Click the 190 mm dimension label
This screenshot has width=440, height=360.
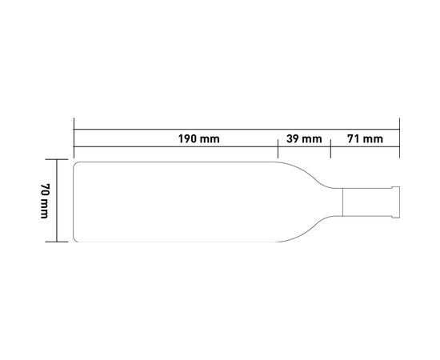click(199, 139)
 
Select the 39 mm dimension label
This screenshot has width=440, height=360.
click(304, 139)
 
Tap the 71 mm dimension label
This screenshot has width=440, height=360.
click(365, 139)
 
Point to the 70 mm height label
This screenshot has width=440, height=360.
click(45, 201)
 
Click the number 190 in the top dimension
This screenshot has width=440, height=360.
click(187, 139)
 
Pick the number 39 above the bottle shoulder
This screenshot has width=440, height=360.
click(293, 139)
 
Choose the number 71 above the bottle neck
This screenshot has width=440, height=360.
click(354, 139)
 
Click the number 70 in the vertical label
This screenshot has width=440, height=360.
click(45, 190)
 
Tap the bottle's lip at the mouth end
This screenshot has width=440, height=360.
click(396, 202)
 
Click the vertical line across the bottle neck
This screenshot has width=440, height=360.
click(342, 202)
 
